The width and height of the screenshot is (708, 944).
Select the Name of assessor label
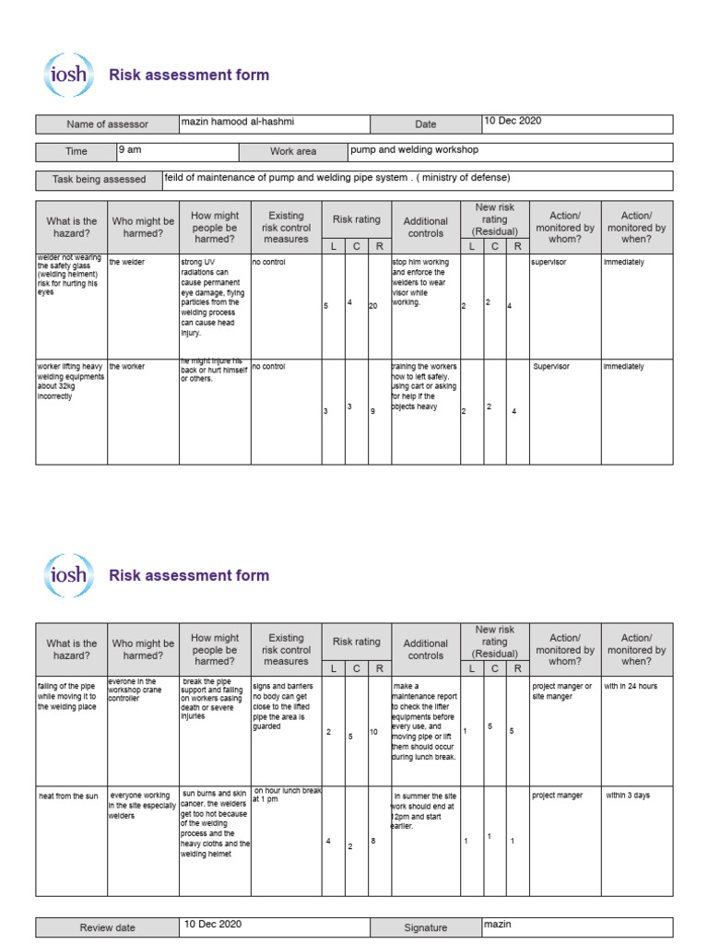pyautogui.click(x=107, y=124)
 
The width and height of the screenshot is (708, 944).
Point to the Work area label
pyautogui.click(x=292, y=151)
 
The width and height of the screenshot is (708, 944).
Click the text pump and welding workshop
pyautogui.click(x=414, y=149)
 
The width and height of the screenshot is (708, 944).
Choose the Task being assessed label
pyautogui.click(x=99, y=180)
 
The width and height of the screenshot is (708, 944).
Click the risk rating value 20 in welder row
pyautogui.click(x=373, y=305)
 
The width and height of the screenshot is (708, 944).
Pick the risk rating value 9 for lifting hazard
pyautogui.click(x=372, y=411)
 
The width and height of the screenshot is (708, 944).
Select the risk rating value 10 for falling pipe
pyautogui.click(x=374, y=732)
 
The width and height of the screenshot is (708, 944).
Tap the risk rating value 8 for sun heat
pyautogui.click(x=372, y=841)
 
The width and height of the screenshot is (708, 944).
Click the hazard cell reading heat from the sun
pyautogui.click(x=67, y=796)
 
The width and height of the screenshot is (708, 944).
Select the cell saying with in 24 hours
pyautogui.click(x=631, y=686)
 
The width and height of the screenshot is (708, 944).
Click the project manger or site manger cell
pyautogui.click(x=562, y=691)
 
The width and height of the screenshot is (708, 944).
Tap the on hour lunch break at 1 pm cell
pyautogui.click(x=286, y=795)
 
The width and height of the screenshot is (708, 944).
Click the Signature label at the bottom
pyautogui.click(x=425, y=928)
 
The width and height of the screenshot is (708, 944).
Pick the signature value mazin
pyautogui.click(x=497, y=924)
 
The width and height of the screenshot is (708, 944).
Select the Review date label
pyautogui.click(x=107, y=928)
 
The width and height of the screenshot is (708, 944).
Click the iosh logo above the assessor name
pyautogui.click(x=69, y=76)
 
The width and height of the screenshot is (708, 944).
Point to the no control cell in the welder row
pyautogui.click(x=268, y=262)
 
